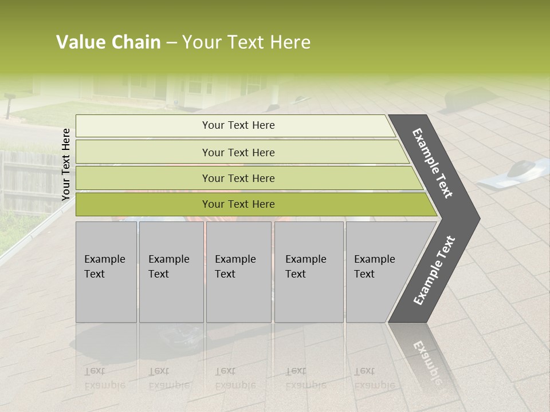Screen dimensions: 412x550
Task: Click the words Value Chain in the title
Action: [x=108, y=42]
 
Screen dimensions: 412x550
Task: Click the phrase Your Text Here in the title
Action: [x=246, y=42]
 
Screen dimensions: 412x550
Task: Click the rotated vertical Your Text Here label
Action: [x=66, y=164]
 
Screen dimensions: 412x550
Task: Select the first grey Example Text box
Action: [x=106, y=272]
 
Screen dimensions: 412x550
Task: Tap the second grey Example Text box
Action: [x=171, y=272]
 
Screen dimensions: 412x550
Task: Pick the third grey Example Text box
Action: [x=238, y=272]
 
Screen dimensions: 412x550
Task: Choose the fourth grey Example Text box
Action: [x=309, y=272]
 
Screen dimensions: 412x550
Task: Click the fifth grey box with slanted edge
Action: [x=378, y=272]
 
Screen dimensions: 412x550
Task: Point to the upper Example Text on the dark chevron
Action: [x=433, y=163]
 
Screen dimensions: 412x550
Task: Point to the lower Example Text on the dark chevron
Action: [x=434, y=270]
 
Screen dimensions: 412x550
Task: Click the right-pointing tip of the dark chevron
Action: [x=476, y=218]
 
